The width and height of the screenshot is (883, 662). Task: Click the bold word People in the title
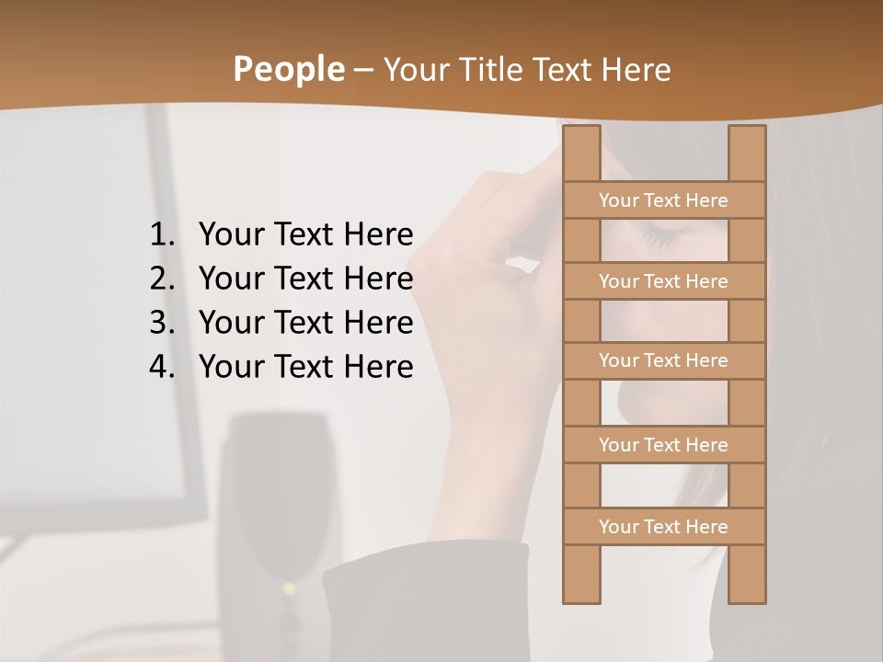288,70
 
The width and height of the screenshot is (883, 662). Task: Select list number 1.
161,235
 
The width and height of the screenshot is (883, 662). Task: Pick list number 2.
161,279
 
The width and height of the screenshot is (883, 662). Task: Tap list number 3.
161,323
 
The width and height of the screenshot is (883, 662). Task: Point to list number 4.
161,367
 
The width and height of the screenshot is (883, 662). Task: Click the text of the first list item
305,235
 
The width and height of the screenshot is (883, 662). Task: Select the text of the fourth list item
305,367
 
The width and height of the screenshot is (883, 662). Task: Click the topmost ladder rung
663,200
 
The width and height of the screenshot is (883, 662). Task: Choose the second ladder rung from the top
663,281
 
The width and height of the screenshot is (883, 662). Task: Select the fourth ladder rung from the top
663,445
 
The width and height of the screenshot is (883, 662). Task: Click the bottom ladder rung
663,527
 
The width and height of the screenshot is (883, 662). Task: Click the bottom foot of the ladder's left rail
581,599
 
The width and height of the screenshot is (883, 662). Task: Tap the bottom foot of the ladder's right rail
747,599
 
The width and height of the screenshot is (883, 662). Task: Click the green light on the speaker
289,588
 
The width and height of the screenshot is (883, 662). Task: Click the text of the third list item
305,323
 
